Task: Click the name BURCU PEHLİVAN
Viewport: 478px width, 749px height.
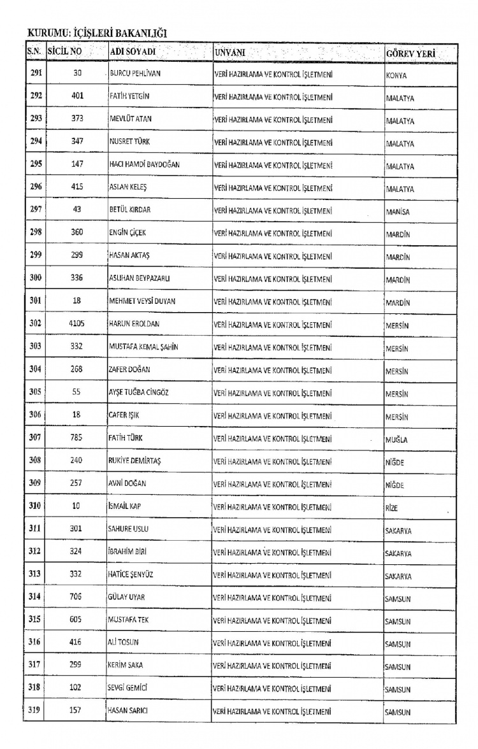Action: point(135,74)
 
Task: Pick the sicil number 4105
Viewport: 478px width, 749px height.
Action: point(76,324)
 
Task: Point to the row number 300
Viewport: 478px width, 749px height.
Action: point(36,278)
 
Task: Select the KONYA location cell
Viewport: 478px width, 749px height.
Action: point(396,75)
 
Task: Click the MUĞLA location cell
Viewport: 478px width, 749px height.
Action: point(396,439)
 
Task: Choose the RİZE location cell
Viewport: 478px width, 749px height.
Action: point(391,508)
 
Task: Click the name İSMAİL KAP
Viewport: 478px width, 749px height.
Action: point(125,506)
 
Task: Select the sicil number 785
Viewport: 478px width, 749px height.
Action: point(76,438)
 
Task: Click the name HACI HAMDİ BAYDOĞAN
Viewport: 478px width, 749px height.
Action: point(144,164)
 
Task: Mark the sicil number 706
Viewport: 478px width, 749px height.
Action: point(76,597)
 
